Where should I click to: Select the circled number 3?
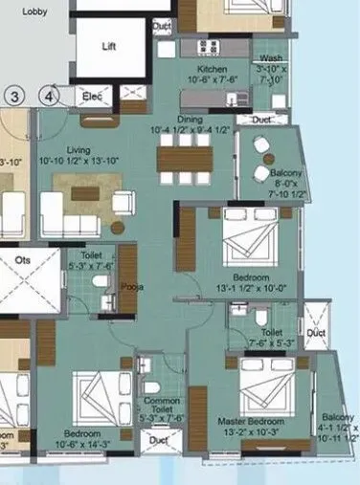pyautogui.click(x=13, y=96)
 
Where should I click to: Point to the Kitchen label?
pyautogui.click(x=212, y=71)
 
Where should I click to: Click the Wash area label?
pyautogui.click(x=271, y=59)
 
